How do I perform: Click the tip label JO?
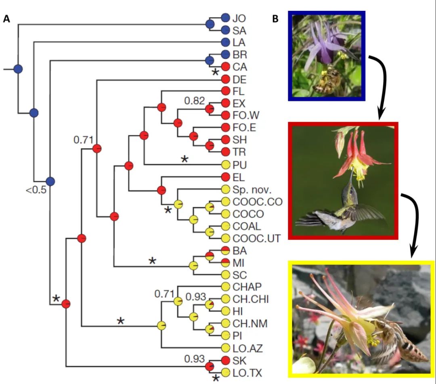(x=239, y=18)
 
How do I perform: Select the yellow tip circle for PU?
(x=226, y=164)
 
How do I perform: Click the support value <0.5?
(x=36, y=190)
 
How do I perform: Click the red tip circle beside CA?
(x=226, y=67)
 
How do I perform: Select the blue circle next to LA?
(x=226, y=42)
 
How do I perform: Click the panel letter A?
(x=6, y=19)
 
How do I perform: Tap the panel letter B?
(x=276, y=19)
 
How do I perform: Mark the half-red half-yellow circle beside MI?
(x=226, y=262)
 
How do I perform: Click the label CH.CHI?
(x=250, y=299)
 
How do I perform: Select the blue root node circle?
(x=18, y=69)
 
